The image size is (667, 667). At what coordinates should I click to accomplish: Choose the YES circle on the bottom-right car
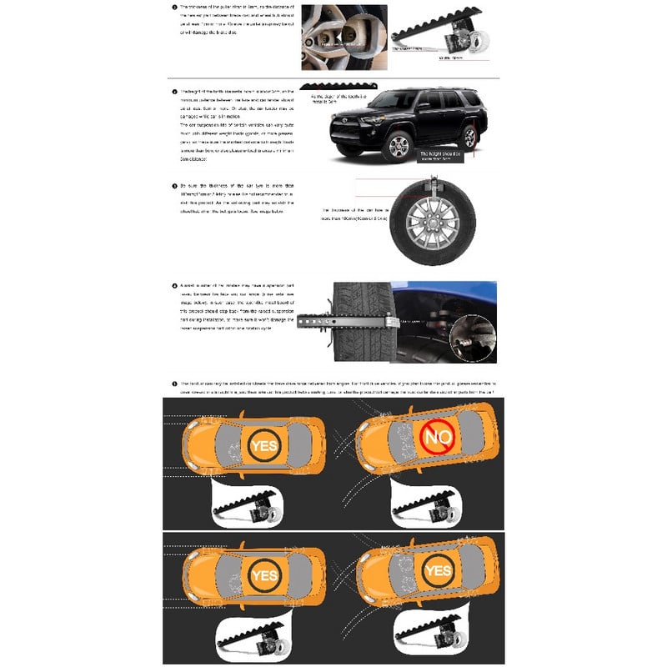pos(437,571)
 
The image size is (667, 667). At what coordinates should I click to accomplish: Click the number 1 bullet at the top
pos(174,9)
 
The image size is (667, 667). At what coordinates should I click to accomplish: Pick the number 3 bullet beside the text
pos(174,185)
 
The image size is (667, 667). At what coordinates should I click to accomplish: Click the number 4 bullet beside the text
pos(174,286)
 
